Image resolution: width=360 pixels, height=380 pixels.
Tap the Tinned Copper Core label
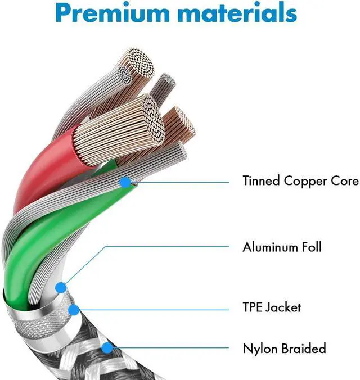pos(300,181)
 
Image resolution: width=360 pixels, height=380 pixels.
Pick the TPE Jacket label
pos(272,307)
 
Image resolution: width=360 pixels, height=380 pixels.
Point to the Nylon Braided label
pos(284,349)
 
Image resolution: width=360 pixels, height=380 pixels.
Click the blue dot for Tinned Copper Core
pos(124,181)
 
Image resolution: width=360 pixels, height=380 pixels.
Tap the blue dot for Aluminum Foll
pos(61,288)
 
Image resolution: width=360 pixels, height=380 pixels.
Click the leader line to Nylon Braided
pos(169,349)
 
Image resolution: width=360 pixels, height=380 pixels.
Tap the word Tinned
pos(260,181)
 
